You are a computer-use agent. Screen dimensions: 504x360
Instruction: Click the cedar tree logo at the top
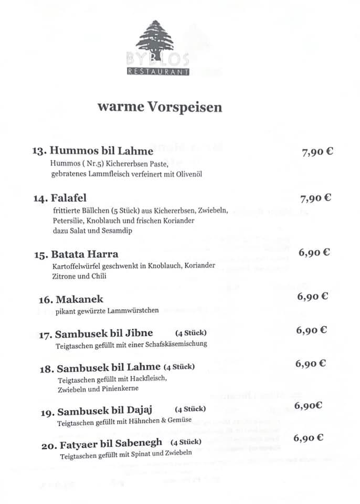(155, 39)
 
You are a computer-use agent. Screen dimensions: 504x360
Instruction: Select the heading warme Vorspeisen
(160, 107)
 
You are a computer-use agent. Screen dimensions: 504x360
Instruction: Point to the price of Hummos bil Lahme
(317, 152)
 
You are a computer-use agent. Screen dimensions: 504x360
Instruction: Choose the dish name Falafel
(69, 198)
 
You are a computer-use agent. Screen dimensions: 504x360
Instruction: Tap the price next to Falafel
(316, 198)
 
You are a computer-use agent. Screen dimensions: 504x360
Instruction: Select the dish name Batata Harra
(84, 254)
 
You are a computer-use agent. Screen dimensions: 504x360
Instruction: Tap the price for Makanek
(313, 297)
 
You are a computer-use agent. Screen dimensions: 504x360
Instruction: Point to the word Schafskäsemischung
(178, 344)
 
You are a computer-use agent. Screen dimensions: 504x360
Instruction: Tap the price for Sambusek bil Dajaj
(308, 405)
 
